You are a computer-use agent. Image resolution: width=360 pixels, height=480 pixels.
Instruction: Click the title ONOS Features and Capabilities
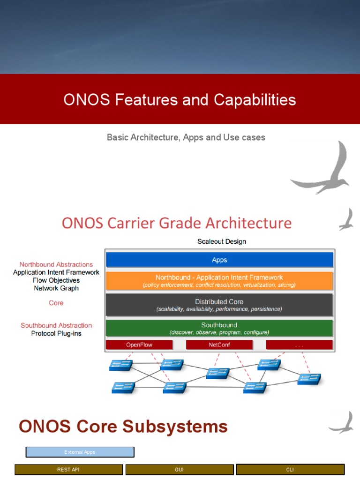coord(180,100)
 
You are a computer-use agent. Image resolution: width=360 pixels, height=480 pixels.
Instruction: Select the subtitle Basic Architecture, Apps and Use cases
coord(186,137)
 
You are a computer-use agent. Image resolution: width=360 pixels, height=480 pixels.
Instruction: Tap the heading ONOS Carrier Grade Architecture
coord(176,223)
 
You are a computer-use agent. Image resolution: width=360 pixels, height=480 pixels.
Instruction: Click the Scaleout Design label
coord(221,241)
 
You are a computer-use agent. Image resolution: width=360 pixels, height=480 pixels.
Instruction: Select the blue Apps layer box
coord(219,260)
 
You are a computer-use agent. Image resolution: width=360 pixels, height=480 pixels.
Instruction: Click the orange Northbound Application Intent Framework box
coord(219,281)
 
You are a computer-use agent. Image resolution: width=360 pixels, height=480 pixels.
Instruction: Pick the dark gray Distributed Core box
coord(219,305)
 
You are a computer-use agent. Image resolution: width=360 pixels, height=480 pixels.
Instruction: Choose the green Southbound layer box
coord(219,328)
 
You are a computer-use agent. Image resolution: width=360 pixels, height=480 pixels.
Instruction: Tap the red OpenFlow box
coord(139,345)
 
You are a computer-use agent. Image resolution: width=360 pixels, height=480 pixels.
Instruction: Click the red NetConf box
coord(219,345)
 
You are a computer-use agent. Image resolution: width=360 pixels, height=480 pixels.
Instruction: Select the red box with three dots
coord(299,345)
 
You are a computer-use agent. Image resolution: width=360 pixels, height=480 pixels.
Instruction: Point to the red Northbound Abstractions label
coord(56,264)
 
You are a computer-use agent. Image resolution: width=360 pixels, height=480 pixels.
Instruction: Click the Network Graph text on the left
coord(56,288)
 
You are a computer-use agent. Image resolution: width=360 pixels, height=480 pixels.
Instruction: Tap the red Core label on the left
coord(56,303)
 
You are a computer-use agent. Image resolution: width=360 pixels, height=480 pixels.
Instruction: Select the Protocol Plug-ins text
coord(56,333)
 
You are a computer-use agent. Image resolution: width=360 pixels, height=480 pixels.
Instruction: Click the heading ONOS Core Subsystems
coord(123,427)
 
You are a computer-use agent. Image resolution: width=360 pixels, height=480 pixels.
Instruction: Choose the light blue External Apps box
coord(80,452)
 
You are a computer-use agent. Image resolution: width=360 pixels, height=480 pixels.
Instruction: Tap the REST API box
coord(69,469)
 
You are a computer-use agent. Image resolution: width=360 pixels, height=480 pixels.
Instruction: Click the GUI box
coord(180,469)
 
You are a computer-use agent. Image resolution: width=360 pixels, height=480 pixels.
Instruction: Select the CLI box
coord(290,469)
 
